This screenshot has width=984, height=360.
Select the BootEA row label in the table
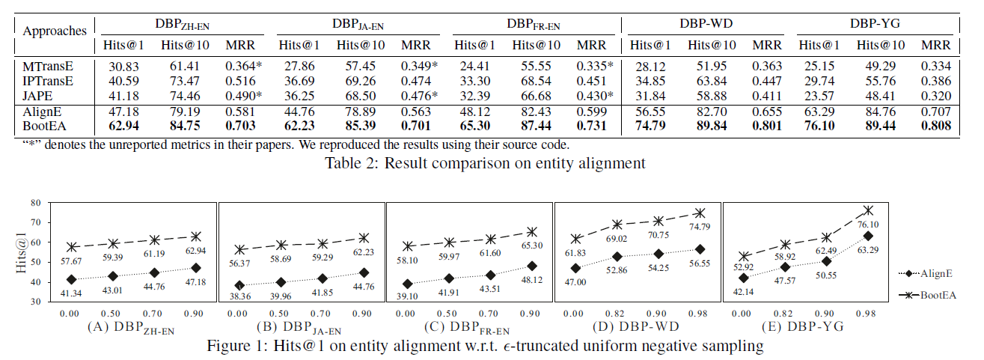40,126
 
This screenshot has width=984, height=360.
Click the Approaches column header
55,31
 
